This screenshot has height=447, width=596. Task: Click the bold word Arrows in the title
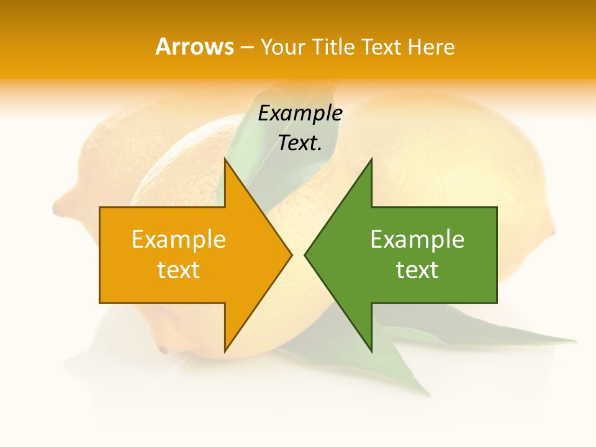[x=195, y=47]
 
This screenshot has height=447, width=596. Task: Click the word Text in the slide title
[x=381, y=47]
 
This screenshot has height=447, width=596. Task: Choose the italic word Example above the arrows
[x=300, y=114]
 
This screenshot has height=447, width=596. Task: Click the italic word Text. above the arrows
[x=300, y=143]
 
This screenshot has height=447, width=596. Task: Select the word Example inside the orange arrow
[x=179, y=240]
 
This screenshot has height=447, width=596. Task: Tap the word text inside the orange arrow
[x=179, y=270]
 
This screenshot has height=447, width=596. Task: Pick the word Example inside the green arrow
[x=417, y=240]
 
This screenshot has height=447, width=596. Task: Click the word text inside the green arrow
[x=417, y=270]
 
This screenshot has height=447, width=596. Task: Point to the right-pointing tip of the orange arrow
[x=291, y=255]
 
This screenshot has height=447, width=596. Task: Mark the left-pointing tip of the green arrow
[x=305, y=255]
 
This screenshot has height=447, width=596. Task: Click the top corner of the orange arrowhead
[x=225, y=159]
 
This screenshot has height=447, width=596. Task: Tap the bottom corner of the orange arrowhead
[x=225, y=351]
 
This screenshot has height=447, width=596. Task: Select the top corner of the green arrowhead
[x=371, y=159]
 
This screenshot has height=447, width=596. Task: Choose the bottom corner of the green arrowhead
[x=371, y=351]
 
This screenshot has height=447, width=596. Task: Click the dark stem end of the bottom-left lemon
[x=163, y=350]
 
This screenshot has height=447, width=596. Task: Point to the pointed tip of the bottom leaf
[x=428, y=394]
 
